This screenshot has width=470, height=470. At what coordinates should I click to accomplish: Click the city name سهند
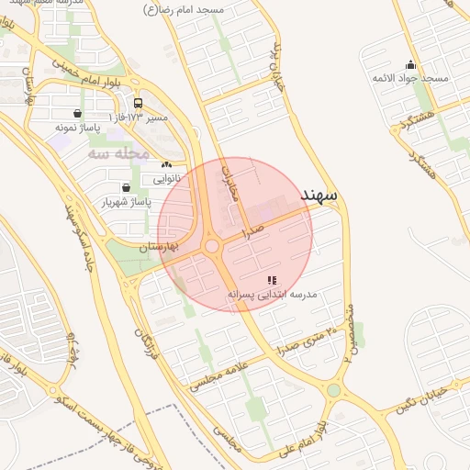pyautogui.click(x=319, y=195)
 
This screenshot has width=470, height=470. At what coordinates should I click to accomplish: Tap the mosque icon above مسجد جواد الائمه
pyautogui.click(x=409, y=65)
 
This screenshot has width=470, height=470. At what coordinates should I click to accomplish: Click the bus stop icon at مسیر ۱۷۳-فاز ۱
pyautogui.click(x=138, y=104)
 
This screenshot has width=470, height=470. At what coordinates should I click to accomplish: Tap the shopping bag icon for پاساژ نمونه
pyautogui.click(x=76, y=113)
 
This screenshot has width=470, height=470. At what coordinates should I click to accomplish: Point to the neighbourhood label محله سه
pyautogui.click(x=118, y=153)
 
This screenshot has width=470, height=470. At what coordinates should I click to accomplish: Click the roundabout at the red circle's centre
pyautogui.click(x=212, y=246)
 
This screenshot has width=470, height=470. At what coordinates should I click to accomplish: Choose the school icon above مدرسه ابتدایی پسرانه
pyautogui.click(x=272, y=279)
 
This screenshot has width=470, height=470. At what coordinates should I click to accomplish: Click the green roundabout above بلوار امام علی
pyautogui.click(x=333, y=391)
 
